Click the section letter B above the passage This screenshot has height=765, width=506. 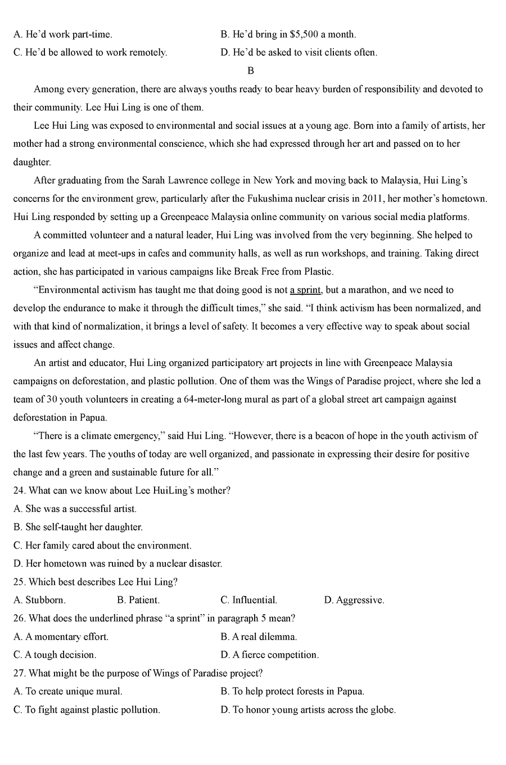pyautogui.click(x=251, y=71)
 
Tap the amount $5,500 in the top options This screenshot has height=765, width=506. pyautogui.click(x=304, y=34)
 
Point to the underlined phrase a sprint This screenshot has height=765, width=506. pyautogui.click(x=305, y=290)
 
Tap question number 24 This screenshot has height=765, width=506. pyautogui.click(x=19, y=490)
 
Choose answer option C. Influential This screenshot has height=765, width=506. pyautogui.click(x=249, y=600)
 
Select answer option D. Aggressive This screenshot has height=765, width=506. pyautogui.click(x=354, y=600)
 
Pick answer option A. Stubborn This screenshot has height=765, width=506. pyautogui.click(x=39, y=600)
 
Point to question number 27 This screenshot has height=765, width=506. pyautogui.click(x=19, y=673)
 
